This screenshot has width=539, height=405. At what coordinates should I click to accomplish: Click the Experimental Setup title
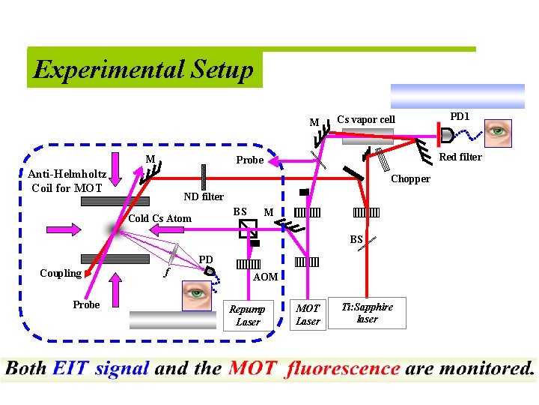(x=144, y=70)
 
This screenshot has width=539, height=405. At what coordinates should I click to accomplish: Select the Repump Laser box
(x=247, y=315)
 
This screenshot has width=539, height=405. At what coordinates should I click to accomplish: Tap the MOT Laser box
(x=308, y=314)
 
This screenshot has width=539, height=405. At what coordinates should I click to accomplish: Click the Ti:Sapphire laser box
(x=367, y=313)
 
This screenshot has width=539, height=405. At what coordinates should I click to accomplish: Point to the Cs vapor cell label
(x=365, y=120)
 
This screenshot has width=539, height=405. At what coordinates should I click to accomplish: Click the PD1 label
(x=459, y=116)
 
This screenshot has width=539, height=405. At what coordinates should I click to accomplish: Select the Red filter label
(x=460, y=157)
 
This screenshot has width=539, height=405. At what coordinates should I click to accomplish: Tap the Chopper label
(x=410, y=178)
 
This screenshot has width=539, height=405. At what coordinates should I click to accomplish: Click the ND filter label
(x=204, y=196)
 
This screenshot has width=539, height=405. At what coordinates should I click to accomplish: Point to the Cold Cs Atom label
(x=159, y=218)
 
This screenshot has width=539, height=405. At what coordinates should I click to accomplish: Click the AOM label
(x=265, y=277)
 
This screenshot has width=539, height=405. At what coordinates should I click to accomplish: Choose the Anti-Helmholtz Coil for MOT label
(x=67, y=181)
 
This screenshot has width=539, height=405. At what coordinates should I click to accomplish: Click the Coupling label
(x=61, y=273)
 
